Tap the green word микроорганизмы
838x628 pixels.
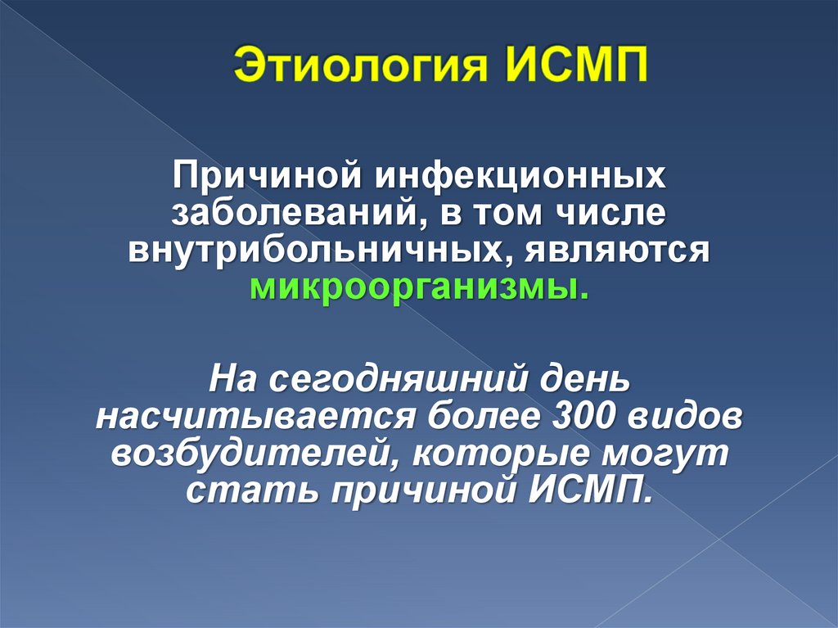(417, 289)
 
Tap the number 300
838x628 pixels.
(588, 417)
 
